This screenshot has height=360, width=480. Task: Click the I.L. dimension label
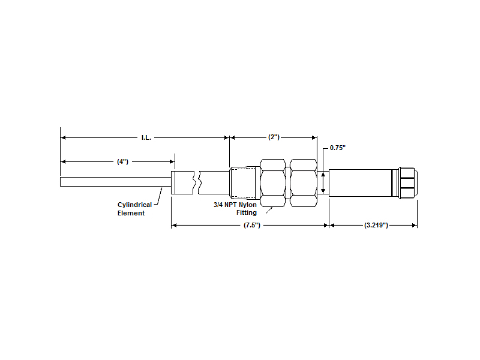[146, 138]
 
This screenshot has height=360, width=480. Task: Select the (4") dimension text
[122, 161]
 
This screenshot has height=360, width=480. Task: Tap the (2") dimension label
[274, 137]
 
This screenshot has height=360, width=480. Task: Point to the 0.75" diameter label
[338, 148]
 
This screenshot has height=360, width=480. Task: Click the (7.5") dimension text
[252, 226]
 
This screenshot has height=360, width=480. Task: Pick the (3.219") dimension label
[376, 226]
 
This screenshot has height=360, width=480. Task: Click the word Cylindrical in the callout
[134, 205]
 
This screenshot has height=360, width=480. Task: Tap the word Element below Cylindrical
[131, 213]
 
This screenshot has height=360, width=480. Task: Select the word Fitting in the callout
[247, 212]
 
